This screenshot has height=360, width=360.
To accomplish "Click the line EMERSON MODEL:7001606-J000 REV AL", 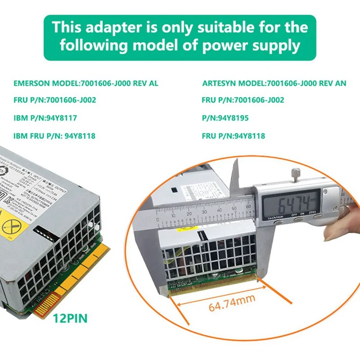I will [86, 83].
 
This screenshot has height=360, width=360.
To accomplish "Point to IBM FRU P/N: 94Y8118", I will [54, 136].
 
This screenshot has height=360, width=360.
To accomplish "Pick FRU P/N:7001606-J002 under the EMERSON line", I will [54, 100].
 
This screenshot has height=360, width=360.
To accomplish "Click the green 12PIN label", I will [70, 319].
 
